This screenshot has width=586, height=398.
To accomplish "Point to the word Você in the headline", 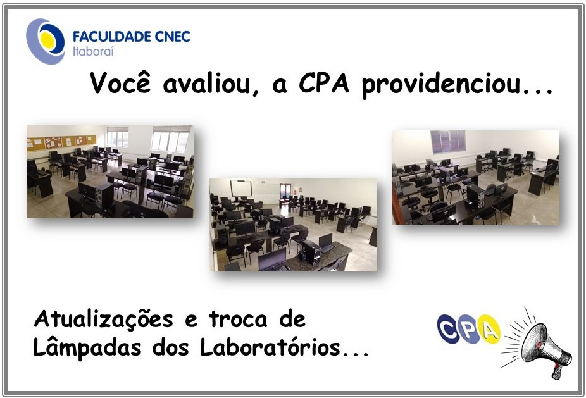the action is [x=121, y=82].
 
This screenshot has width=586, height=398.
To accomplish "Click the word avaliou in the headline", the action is [x=211, y=84].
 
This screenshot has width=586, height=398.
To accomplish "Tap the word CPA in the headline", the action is [x=323, y=83].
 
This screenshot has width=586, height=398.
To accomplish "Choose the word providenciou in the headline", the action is [x=441, y=84].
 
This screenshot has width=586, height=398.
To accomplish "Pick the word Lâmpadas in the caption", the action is [x=87, y=347].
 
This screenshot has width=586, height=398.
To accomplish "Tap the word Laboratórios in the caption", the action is [x=270, y=347].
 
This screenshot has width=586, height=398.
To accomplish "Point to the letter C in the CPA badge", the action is [x=448, y=329].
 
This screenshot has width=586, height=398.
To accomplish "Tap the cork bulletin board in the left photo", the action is [x=61, y=142].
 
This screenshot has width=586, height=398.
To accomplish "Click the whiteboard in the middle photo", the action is [x=240, y=188].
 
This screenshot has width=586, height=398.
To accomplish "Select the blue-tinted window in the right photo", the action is [x=447, y=142].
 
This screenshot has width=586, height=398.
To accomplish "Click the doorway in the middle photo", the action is [x=284, y=192].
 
